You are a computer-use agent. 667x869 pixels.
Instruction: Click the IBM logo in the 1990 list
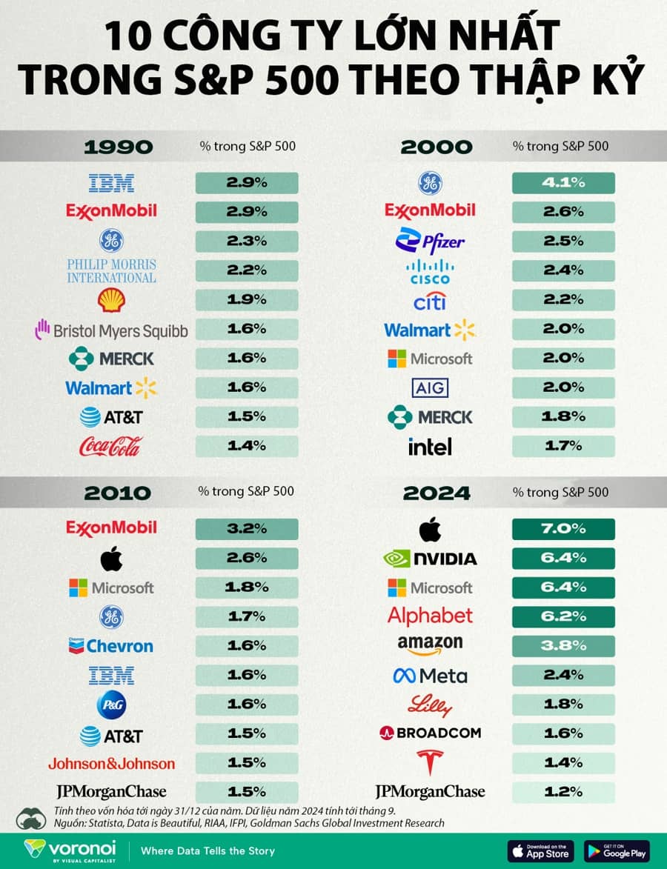point(111,183)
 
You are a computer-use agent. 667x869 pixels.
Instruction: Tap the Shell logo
point(111,300)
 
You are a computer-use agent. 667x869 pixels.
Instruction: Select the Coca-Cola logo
point(111,446)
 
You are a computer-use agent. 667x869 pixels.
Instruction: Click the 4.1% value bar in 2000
point(563,183)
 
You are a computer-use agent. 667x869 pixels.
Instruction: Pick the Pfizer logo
point(430,241)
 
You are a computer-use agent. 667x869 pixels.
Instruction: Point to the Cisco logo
point(430,272)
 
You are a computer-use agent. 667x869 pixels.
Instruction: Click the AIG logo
point(430,388)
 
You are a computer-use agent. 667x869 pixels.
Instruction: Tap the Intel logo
point(430,446)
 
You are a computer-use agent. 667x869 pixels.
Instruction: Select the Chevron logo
point(111,646)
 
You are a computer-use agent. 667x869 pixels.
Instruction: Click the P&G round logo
point(111,705)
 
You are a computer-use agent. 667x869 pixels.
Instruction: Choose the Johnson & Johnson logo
point(111,764)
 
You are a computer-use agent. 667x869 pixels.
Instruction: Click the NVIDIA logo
point(430,558)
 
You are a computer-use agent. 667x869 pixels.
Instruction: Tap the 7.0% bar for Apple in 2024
point(563,529)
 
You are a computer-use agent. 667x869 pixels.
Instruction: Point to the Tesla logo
point(430,762)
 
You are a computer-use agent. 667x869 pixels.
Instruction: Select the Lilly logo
point(430,705)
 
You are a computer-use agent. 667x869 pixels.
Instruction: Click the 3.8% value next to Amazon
point(563,646)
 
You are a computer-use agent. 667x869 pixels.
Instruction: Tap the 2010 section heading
point(118,493)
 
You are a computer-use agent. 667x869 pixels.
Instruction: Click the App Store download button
point(540,851)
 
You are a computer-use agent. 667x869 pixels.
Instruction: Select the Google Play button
point(617,851)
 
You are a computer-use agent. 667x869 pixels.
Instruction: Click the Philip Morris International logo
point(111,271)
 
